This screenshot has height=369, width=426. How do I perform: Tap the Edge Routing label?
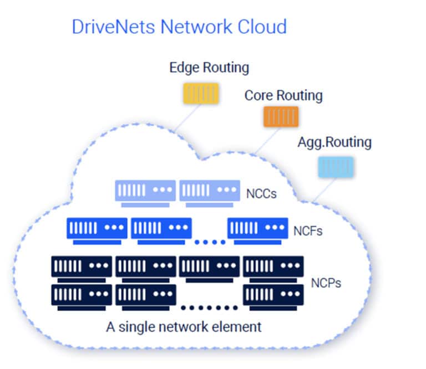click(209, 68)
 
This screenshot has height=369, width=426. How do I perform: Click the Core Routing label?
click(283, 95)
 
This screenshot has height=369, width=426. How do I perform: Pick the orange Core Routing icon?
click(281, 116)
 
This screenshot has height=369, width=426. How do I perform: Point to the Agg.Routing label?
click(334, 142)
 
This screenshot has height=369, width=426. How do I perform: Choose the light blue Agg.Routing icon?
click(336, 166)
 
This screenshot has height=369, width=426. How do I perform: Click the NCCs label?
click(261, 194)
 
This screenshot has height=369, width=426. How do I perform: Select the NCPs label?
click(326, 284)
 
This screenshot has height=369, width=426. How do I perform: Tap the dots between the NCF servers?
click(210, 242)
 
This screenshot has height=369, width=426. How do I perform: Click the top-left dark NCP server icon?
click(82, 268)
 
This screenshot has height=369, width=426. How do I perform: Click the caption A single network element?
click(184, 326)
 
